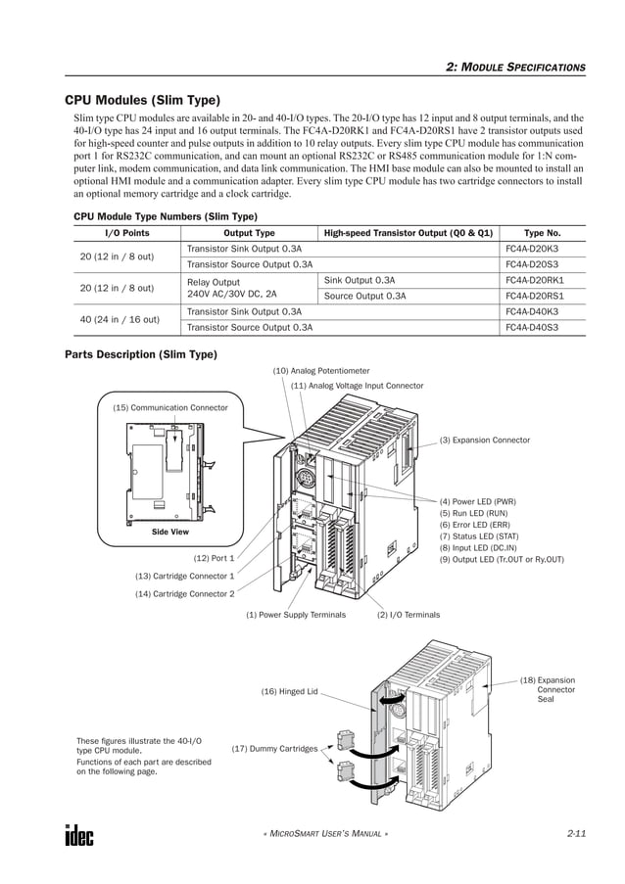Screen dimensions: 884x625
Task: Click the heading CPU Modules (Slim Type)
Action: pos(142,100)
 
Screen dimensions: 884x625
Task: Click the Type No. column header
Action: pos(542,233)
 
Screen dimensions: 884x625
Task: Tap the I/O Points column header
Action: pos(126,233)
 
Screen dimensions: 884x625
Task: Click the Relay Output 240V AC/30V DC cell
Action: pos(231,287)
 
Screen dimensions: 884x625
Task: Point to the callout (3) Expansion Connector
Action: pos(485,441)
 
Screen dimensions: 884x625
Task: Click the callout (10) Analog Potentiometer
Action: pos(321,371)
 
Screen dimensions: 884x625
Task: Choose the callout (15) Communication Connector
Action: pos(170,407)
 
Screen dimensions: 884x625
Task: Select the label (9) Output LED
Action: pos(502,559)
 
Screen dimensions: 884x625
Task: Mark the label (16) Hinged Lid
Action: pos(289,691)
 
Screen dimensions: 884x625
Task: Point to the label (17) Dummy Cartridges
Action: pos(274,749)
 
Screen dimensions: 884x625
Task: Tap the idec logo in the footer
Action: pos(79,835)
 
